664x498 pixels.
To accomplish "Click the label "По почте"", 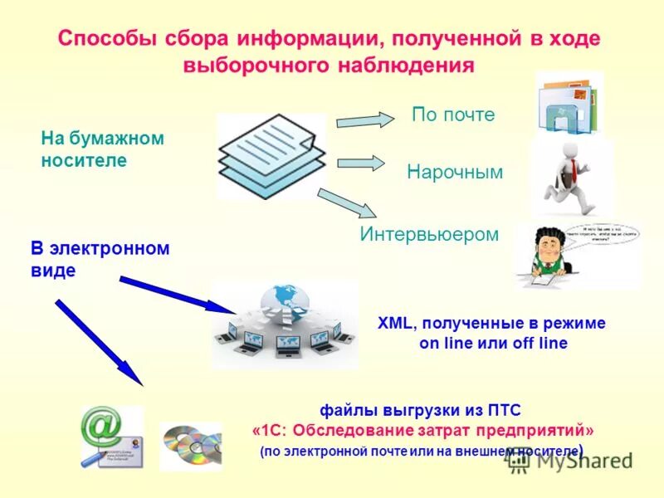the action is point(453,115).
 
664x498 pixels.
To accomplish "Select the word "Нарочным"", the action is point(455,172).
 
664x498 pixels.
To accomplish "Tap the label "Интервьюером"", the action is point(429,234).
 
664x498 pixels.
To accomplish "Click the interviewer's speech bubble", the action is point(603,236).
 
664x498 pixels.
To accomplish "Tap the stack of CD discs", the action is point(190,446).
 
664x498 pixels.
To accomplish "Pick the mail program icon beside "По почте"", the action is point(569,103).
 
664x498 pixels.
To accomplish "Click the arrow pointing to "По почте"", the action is point(365,120).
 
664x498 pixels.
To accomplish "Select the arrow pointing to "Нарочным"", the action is point(360,163).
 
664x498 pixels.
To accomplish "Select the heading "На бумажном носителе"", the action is point(102,149).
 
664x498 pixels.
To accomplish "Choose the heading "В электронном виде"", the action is point(100,259).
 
